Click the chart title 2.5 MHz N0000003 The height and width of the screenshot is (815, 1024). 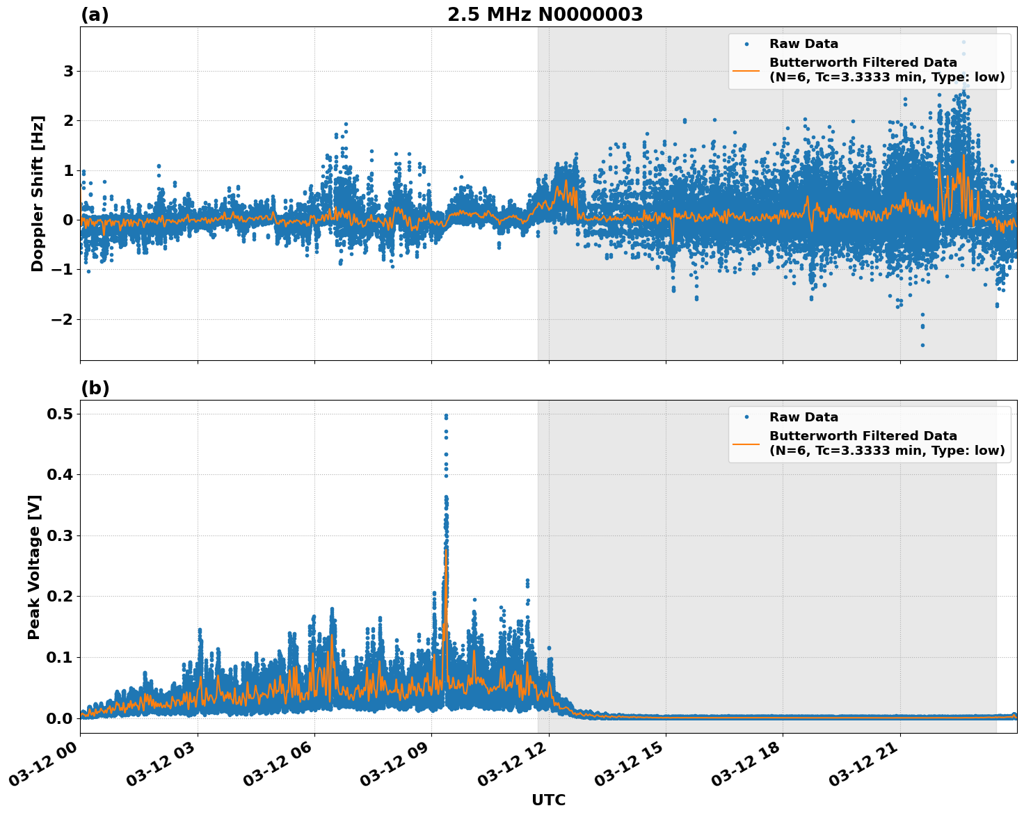(545, 15)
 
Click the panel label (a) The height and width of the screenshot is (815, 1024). (95, 15)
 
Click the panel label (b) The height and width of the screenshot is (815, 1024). (95, 388)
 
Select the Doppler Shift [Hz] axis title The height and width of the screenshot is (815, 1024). (38, 193)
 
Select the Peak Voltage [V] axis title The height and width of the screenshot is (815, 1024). (34, 567)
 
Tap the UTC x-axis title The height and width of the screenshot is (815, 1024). (548, 800)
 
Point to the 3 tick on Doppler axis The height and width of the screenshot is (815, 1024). (68, 72)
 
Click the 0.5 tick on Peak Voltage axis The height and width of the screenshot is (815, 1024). (60, 414)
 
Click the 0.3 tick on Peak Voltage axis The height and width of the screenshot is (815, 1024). (60, 536)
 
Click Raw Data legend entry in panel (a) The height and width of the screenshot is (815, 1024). (803, 45)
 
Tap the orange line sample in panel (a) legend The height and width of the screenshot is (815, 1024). (746, 70)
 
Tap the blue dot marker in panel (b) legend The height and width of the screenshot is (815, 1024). (746, 417)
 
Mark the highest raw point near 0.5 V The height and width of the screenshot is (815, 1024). (446, 416)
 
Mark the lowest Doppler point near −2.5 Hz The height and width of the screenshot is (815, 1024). (922, 345)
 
